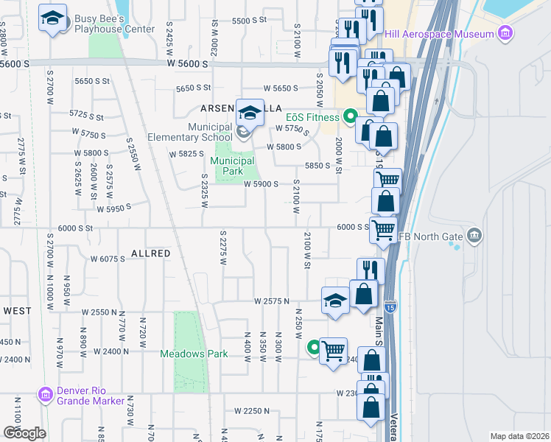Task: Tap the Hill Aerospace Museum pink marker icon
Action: click(x=505, y=33)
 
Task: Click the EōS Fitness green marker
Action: click(x=351, y=116)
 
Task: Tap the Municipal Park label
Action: click(x=233, y=166)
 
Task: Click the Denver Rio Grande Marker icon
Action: click(x=45, y=396)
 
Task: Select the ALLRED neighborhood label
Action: click(x=151, y=253)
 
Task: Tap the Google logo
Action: click(x=24, y=432)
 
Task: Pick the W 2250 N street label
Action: click(x=252, y=410)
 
